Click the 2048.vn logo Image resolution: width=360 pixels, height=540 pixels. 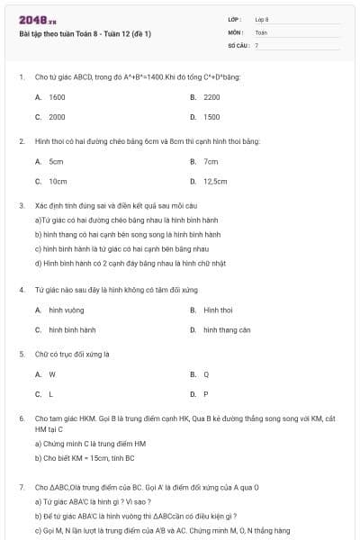click(x=32, y=20)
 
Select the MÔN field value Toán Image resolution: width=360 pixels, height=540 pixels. click(x=261, y=32)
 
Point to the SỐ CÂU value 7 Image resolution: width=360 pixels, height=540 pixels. click(x=256, y=44)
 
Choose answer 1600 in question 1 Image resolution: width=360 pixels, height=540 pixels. click(x=57, y=96)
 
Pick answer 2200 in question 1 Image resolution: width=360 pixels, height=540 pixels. click(x=211, y=96)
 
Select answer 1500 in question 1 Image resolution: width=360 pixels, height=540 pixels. click(x=211, y=117)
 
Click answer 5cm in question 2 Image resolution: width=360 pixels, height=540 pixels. click(x=56, y=161)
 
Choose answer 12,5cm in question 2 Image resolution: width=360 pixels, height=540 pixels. click(x=215, y=181)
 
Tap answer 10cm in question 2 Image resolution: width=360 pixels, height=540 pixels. click(x=58, y=181)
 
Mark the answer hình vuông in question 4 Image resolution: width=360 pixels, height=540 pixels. click(x=67, y=310)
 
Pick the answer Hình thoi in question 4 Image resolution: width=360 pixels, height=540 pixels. click(x=219, y=310)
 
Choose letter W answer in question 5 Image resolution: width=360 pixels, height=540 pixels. click(x=52, y=373)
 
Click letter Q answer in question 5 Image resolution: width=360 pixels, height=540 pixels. click(x=206, y=373)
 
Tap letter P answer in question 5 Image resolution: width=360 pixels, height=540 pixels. click(x=206, y=394)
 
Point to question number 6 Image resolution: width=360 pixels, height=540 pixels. click(x=21, y=418)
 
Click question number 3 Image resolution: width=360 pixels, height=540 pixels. click(x=21, y=205)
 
